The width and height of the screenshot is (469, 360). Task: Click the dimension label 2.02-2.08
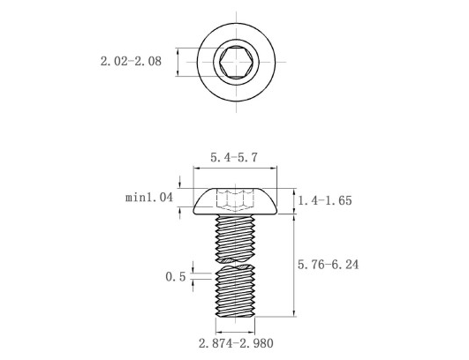point(131,62)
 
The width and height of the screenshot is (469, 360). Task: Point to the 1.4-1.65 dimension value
point(326,201)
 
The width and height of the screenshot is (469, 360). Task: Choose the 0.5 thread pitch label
point(175,276)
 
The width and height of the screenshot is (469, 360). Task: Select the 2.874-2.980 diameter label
point(234,342)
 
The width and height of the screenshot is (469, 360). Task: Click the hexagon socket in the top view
point(234,62)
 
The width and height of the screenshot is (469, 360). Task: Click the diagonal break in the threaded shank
point(235,263)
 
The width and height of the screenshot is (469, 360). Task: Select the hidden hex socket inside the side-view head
point(234,199)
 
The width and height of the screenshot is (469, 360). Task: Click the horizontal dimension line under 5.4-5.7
point(234,169)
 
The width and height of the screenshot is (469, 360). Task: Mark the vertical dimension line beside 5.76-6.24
point(294,265)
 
